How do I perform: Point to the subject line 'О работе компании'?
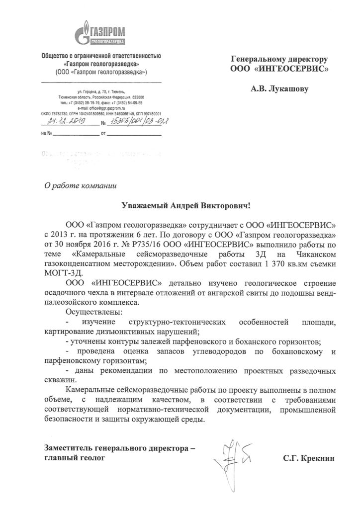[80, 186]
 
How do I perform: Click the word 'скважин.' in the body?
[59, 379]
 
